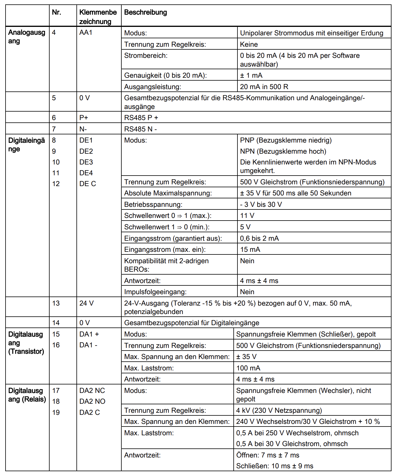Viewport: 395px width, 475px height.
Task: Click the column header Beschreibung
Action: [x=146, y=13]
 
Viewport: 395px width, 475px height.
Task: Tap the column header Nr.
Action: [x=56, y=13]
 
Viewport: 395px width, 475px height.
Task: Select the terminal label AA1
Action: [x=86, y=32]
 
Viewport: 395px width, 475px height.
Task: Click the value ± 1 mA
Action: [x=251, y=75]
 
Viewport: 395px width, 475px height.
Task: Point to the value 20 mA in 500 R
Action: [x=264, y=87]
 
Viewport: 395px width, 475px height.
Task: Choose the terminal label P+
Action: [x=84, y=118]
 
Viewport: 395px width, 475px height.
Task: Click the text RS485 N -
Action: [x=141, y=129]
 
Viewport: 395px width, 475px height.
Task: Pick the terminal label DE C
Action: [x=88, y=184]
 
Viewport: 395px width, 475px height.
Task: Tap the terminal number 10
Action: [x=56, y=162]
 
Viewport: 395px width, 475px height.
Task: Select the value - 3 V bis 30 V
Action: [x=261, y=204]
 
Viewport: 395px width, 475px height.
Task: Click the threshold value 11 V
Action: [x=247, y=216]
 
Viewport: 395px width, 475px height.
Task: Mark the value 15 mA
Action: [x=250, y=249]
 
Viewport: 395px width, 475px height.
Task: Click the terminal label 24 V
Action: [x=86, y=303]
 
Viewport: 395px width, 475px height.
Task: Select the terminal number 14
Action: [x=56, y=323]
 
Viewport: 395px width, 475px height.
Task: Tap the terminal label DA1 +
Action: [x=89, y=334]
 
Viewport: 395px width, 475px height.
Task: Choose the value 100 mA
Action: [x=248, y=368]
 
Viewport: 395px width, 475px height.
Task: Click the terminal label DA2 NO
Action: [x=92, y=401]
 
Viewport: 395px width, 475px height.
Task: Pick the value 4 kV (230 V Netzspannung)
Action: [x=279, y=410]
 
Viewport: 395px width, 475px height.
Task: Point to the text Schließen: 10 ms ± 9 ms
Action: [x=275, y=466]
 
